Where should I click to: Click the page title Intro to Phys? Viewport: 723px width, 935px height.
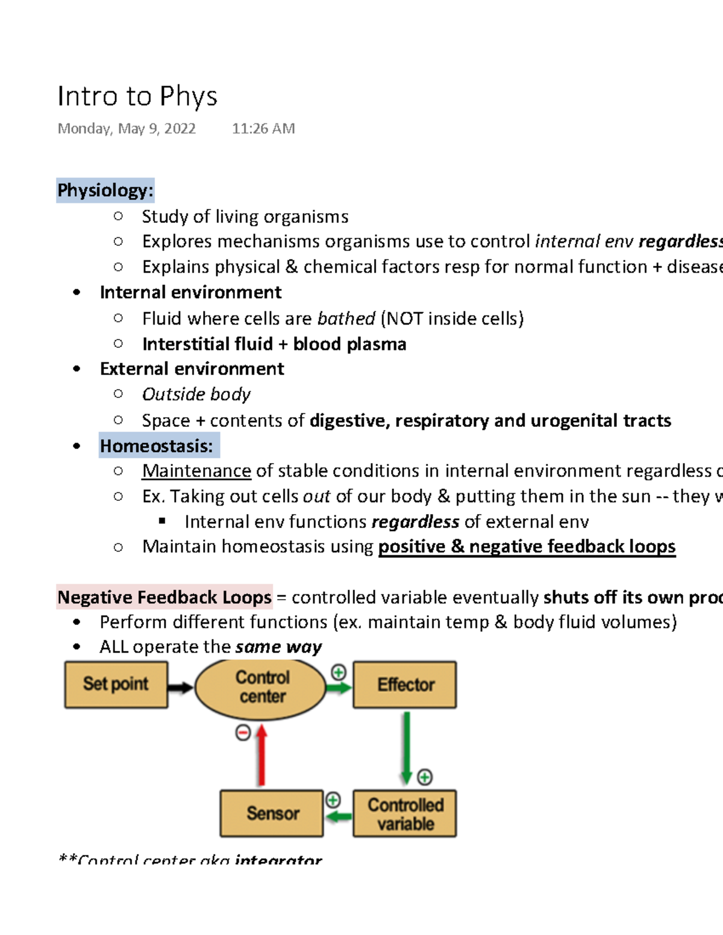pyautogui.click(x=137, y=96)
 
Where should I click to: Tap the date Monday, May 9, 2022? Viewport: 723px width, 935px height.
pyautogui.click(x=127, y=129)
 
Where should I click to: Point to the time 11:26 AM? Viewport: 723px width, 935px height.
pyautogui.click(x=263, y=129)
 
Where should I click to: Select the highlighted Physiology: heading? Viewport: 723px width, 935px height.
pyautogui.click(x=105, y=190)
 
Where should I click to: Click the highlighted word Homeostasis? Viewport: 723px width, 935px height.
pyautogui.click(x=157, y=446)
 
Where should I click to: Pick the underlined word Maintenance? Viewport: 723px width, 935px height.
pyautogui.click(x=196, y=471)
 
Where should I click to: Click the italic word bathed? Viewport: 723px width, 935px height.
pyautogui.click(x=346, y=318)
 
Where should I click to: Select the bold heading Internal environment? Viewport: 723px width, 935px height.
pyautogui.click(x=190, y=293)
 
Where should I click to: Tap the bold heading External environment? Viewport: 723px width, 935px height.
pyautogui.click(x=192, y=369)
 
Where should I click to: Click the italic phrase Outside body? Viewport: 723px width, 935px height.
pyautogui.click(x=196, y=394)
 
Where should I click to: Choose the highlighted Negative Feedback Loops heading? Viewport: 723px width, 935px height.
pyautogui.click(x=164, y=597)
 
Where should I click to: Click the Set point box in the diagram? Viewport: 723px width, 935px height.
pyautogui.click(x=116, y=685)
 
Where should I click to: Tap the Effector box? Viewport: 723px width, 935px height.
pyautogui.click(x=405, y=685)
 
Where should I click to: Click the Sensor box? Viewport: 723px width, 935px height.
pyautogui.click(x=272, y=813)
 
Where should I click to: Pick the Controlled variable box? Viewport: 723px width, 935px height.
pyautogui.click(x=405, y=814)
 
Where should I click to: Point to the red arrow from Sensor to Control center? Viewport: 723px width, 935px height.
pyautogui.click(x=261, y=757)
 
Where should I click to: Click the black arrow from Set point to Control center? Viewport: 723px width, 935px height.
pyautogui.click(x=180, y=687)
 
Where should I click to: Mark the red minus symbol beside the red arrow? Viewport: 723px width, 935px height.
pyautogui.click(x=243, y=733)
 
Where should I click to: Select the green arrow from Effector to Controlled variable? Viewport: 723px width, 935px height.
pyautogui.click(x=407, y=747)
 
